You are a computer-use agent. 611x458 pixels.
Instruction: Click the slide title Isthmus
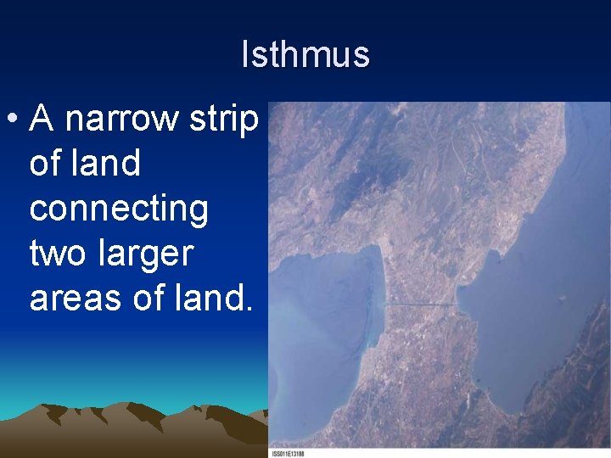[x=305, y=55]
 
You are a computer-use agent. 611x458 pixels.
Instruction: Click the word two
[x=59, y=253]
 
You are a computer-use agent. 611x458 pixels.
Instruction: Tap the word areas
[x=79, y=298]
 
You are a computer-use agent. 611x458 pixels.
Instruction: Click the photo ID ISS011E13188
[x=288, y=453]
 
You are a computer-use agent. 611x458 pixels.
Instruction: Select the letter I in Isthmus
[x=245, y=55]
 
